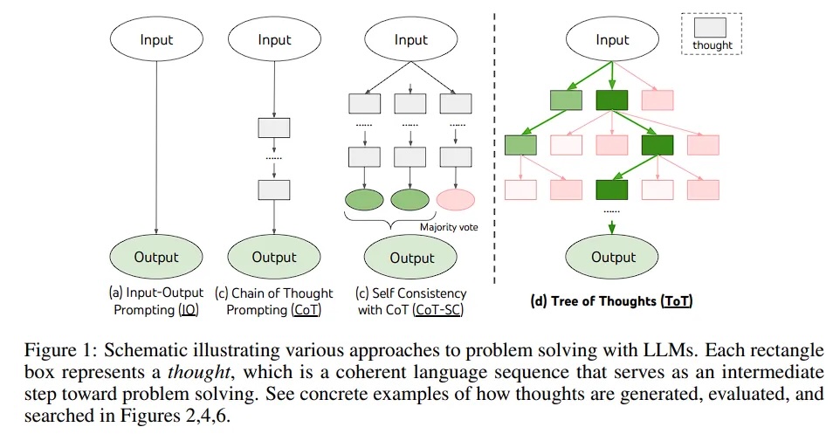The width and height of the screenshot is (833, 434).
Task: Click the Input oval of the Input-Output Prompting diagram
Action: (156, 40)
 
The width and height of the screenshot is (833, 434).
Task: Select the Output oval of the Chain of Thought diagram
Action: (274, 257)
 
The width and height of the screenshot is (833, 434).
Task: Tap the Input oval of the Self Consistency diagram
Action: (411, 40)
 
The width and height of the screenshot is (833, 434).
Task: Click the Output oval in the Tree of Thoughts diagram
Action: (613, 257)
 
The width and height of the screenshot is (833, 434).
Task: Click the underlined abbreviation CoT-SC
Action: (437, 309)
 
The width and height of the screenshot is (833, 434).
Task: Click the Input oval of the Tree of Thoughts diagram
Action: (612, 40)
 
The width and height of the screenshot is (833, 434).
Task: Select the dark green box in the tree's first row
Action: (612, 100)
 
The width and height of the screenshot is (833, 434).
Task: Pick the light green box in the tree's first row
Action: (566, 100)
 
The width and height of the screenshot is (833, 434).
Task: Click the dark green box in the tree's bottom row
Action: (612, 189)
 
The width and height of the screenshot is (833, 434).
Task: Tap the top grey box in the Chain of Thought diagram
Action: (274, 128)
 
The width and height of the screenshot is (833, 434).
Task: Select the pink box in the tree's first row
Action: (657, 100)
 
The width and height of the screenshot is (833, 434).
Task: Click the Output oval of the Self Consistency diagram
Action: (411, 258)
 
